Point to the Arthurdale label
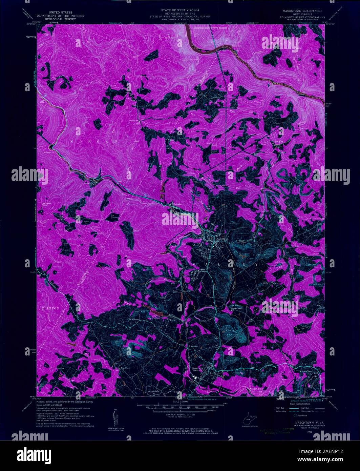[x=153, y=391]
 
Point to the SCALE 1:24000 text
[x=180, y=402]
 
